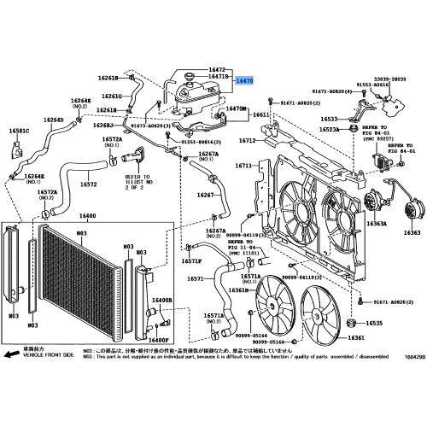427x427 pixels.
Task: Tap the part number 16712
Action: [x=247, y=141]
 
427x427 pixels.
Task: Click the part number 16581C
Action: [x=19, y=131]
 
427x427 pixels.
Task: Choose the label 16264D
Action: [x=54, y=120]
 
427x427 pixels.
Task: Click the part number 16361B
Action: [x=238, y=290]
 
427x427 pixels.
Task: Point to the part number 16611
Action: [x=260, y=114]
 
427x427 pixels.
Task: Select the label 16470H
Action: [x=236, y=109]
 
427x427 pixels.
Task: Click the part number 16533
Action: [x=330, y=119]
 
